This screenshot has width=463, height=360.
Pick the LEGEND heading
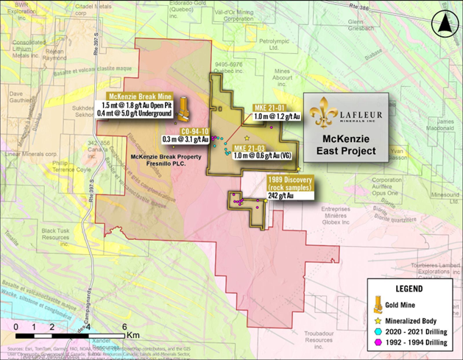[x=414, y=287]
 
